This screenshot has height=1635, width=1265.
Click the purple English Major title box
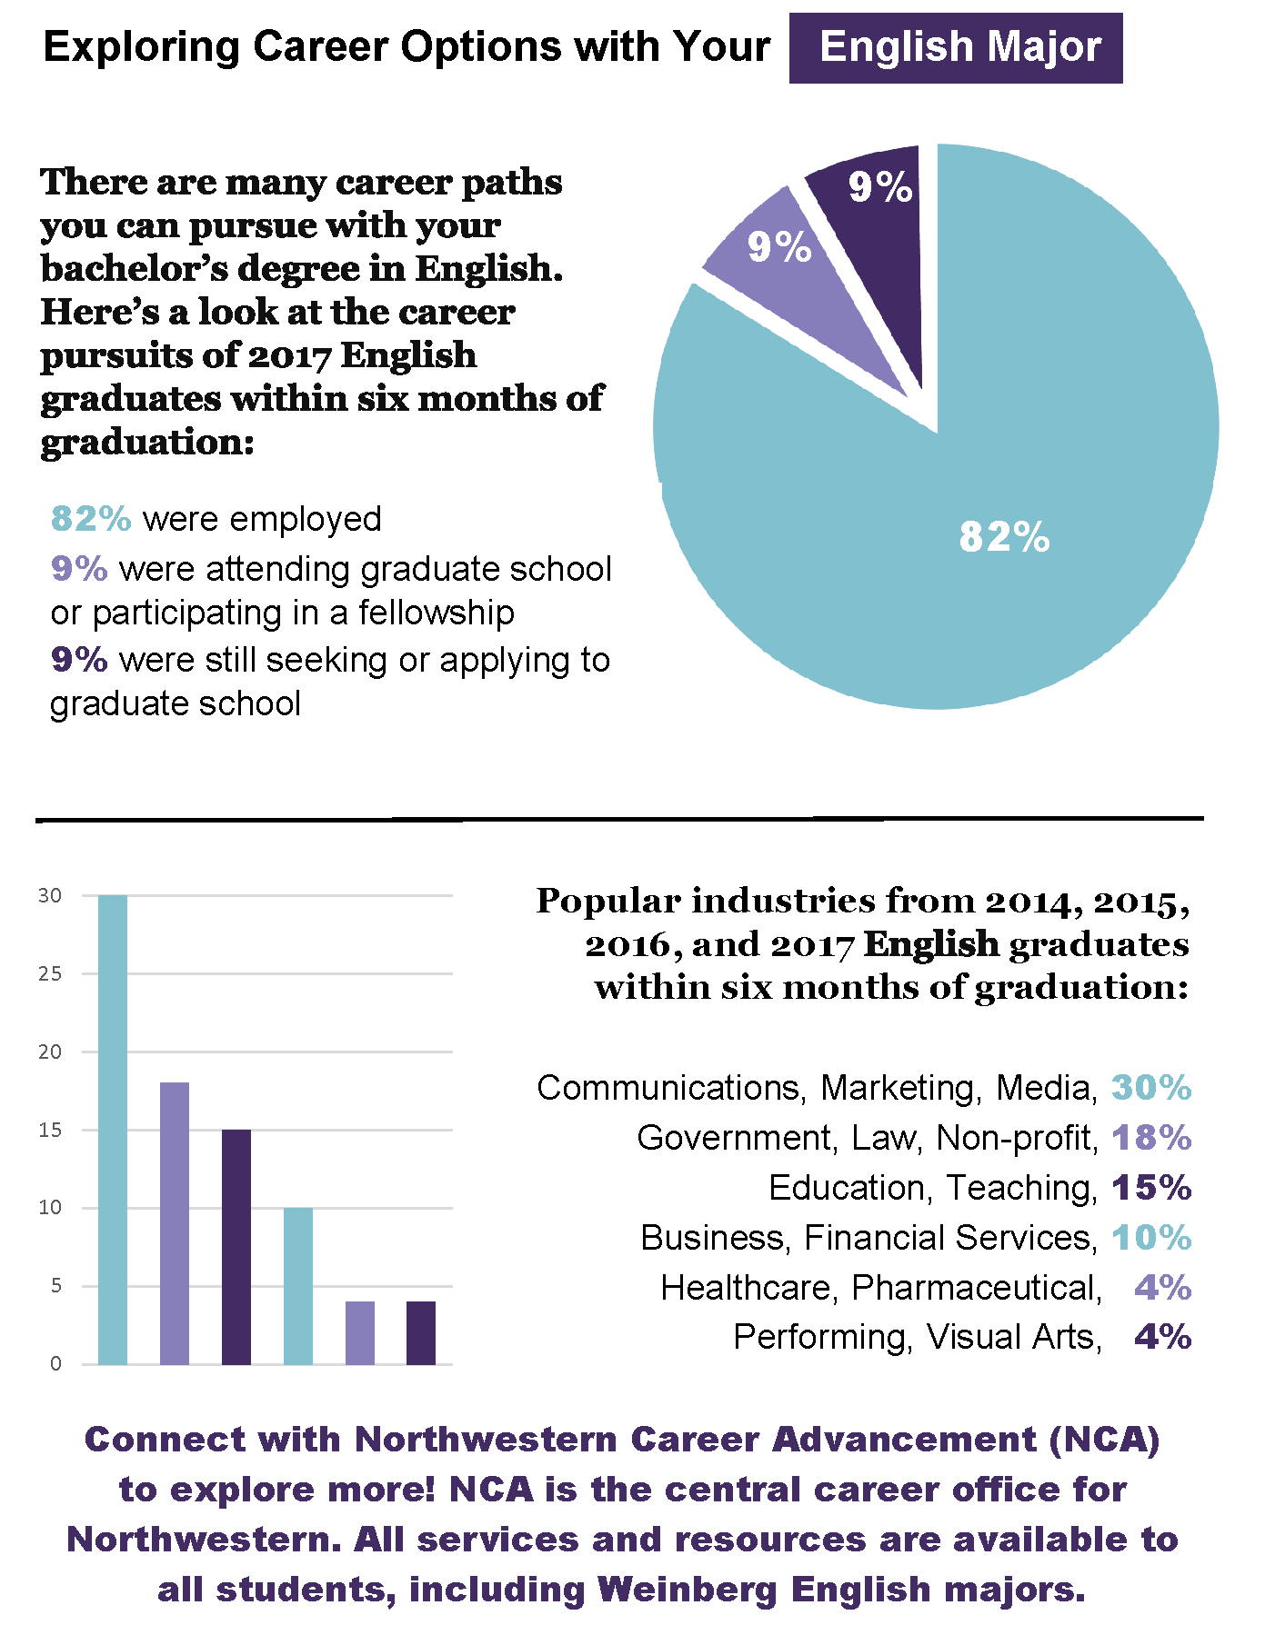tap(955, 47)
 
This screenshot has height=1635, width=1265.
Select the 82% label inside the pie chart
tap(1004, 537)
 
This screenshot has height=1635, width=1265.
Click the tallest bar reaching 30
tap(113, 1127)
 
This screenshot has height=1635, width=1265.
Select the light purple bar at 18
tap(175, 1222)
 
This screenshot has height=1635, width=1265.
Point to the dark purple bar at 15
tap(236, 1245)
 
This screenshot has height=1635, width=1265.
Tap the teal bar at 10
tap(298, 1286)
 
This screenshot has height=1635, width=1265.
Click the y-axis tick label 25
tap(50, 973)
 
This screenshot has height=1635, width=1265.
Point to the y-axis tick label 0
tap(55, 1363)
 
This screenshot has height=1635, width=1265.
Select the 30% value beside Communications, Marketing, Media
tap(1150, 1087)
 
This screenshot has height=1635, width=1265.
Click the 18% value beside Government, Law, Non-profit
tap(1150, 1137)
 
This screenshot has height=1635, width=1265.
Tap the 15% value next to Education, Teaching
tap(1150, 1187)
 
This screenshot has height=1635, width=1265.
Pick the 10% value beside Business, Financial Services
tap(1150, 1237)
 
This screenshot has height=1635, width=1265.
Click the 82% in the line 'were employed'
tap(91, 519)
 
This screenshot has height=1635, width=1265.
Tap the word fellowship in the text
tap(436, 613)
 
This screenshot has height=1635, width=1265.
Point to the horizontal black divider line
tap(618, 820)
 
